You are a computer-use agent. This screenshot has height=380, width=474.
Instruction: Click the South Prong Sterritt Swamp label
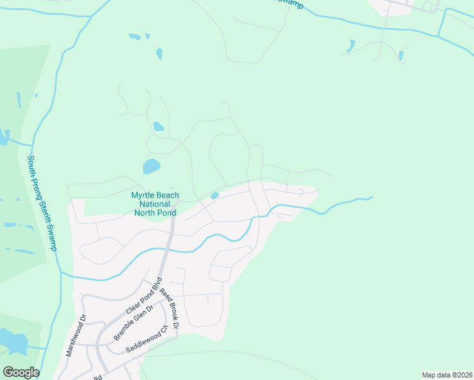(x=42, y=203)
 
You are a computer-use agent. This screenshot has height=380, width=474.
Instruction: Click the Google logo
(x=21, y=372)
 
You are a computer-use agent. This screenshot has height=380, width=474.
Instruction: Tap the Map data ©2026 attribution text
(x=446, y=374)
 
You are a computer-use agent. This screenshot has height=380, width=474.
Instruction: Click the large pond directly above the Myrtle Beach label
(x=151, y=167)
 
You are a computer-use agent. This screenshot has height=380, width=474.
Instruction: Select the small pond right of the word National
(x=215, y=195)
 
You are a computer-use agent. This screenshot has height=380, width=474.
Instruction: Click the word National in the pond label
(x=155, y=204)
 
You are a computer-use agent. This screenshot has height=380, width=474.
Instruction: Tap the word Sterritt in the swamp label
(x=45, y=215)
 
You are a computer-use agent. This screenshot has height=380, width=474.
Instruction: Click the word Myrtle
(x=143, y=196)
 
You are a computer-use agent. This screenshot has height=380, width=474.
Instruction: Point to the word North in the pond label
(x=145, y=213)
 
